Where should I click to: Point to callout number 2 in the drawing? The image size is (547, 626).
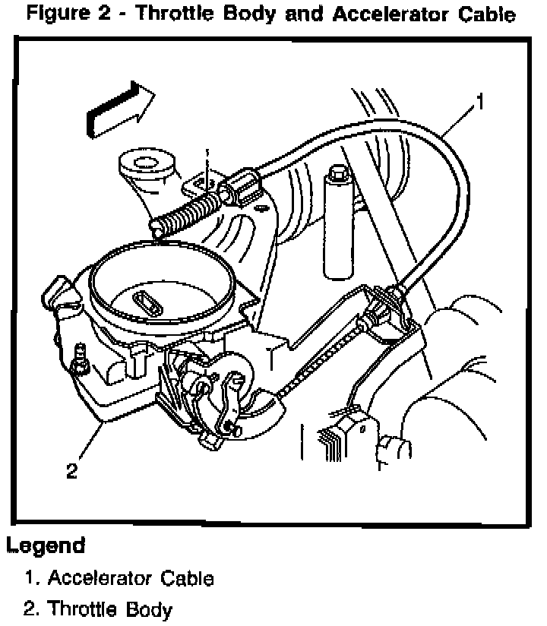pos(71,471)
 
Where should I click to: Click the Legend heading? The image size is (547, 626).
pos(45,545)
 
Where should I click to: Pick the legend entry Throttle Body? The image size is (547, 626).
pos(110,609)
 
